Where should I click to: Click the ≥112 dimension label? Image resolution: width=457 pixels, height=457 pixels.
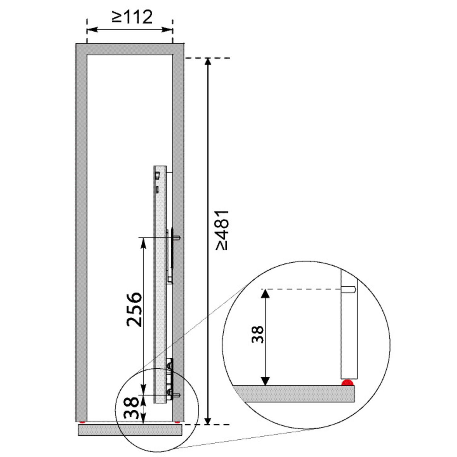[x=132, y=17]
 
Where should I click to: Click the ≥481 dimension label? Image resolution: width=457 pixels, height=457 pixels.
[x=222, y=230]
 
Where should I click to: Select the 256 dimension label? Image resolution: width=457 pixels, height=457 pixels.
[x=134, y=310]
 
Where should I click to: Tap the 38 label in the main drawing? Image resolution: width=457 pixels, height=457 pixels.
[x=131, y=407]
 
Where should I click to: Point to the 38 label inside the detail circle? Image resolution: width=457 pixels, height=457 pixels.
[x=258, y=335]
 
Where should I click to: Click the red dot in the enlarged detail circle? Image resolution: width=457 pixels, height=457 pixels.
[x=347, y=383]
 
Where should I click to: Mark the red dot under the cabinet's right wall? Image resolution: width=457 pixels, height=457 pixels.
[x=177, y=422]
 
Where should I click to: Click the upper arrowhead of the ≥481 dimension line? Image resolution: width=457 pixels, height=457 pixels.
[x=208, y=62]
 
